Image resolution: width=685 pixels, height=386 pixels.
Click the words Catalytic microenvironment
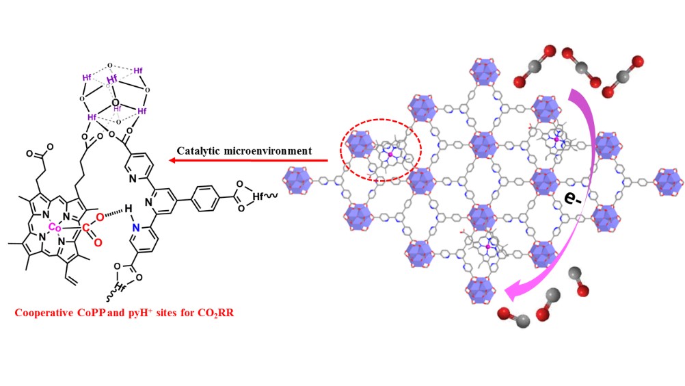pos(244,151)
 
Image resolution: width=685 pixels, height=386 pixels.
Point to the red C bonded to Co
pos(87,225)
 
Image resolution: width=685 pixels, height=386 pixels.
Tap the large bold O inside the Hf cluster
pos(115,103)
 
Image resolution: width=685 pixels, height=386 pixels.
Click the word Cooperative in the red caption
pos(43,314)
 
